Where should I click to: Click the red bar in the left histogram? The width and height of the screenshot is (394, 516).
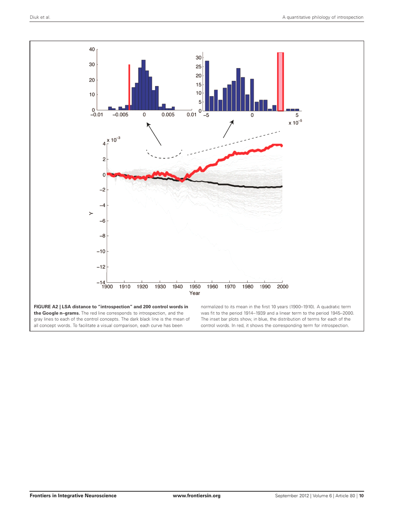tap(129, 87)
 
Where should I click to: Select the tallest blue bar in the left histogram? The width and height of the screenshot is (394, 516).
tap(144, 85)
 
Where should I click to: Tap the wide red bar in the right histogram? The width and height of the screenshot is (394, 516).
tap(280, 82)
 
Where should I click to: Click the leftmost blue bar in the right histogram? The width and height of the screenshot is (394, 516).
tap(207, 86)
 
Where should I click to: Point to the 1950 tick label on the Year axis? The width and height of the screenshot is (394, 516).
tap(195, 287)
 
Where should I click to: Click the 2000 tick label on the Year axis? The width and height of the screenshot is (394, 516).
tap(282, 287)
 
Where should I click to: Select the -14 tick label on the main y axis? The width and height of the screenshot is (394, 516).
tap(101, 282)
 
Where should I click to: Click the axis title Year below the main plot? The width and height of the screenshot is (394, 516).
tap(195, 293)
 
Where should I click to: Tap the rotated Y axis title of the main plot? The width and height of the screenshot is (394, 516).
tap(91, 213)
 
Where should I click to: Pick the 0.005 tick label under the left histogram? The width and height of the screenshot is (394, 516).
tap(168, 115)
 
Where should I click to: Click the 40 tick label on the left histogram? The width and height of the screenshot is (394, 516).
tap(92, 49)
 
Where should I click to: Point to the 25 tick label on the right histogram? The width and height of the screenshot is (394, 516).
tap(199, 66)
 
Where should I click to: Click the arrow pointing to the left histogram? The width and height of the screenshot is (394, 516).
tap(154, 134)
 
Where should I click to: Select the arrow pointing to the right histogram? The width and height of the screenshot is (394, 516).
tap(228, 129)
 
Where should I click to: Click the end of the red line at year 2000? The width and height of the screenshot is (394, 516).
tap(282, 145)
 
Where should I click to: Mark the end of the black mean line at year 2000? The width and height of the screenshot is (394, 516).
tap(282, 187)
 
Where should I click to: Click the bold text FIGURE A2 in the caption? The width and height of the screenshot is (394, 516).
tap(46, 307)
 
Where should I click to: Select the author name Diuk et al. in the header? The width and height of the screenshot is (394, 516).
tap(40, 17)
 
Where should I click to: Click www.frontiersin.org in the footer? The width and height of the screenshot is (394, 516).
tap(196, 496)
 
